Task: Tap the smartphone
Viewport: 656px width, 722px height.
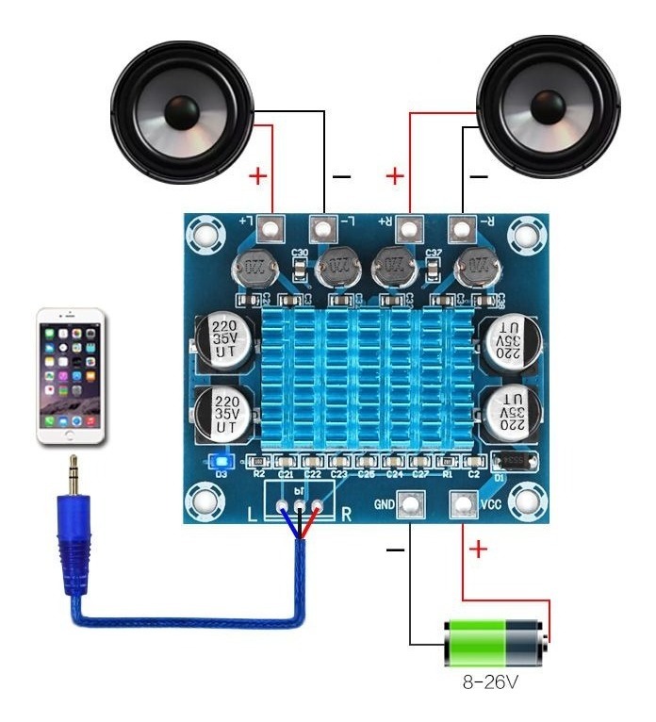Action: coord(72,378)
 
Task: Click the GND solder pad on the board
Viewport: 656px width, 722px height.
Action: coord(409,505)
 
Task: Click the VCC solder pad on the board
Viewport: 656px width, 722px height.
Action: coord(463,505)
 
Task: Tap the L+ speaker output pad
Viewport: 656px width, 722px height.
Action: coord(271,228)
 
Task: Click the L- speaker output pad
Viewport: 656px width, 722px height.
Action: coord(323,228)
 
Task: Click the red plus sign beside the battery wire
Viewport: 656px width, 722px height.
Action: coord(479,549)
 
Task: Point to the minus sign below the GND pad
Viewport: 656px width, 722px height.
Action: coord(395,549)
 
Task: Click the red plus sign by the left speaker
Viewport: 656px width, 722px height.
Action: coord(255,176)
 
